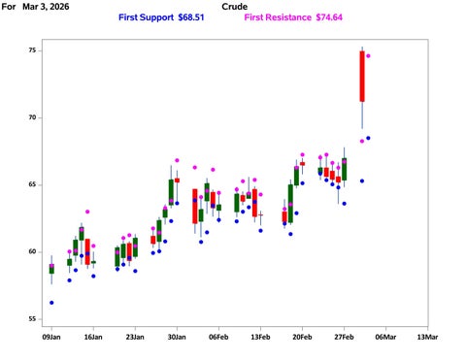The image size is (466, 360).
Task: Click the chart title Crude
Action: point(234,7)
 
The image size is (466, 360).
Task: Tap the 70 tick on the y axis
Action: point(33,117)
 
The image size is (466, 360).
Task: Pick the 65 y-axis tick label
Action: point(33,184)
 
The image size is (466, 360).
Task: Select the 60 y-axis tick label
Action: point(33,252)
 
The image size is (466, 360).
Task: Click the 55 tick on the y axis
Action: point(33,319)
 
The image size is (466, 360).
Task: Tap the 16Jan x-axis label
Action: point(93,338)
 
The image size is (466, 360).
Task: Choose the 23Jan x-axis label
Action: point(135,338)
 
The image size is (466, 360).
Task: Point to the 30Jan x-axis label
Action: point(177,338)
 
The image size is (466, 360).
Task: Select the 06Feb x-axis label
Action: point(218,338)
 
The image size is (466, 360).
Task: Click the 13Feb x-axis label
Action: point(260,338)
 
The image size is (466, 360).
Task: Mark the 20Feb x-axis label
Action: point(302,338)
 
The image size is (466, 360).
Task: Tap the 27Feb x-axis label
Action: point(344,338)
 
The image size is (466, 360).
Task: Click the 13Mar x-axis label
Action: point(427,338)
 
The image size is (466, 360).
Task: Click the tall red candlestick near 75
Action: point(362,76)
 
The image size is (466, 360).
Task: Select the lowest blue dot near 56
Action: point(51,303)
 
